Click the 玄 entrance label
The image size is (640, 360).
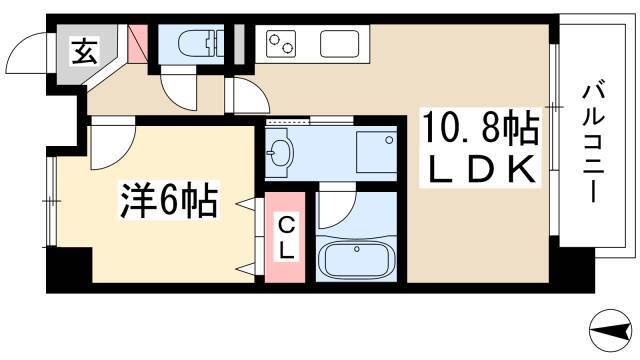pyautogui.click(x=84, y=51)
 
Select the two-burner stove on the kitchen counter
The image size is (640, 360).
pyautogui.click(x=281, y=44)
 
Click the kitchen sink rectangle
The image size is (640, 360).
pyautogui.click(x=339, y=44)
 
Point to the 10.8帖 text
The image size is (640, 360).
pyautogui.click(x=481, y=128)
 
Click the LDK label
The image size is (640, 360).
pyautogui.click(x=481, y=169)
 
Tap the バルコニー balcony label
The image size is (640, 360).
pyautogui.click(x=593, y=144)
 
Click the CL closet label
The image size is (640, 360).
pyautogui.click(x=286, y=238)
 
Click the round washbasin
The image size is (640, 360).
pyautogui.click(x=280, y=153)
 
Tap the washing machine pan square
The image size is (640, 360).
pyautogui.click(x=376, y=152)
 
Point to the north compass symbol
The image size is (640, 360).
pyautogui.click(x=611, y=331)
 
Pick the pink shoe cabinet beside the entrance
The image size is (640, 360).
pyautogui.click(x=138, y=44)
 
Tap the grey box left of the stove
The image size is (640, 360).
pyautogui.click(x=239, y=44)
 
